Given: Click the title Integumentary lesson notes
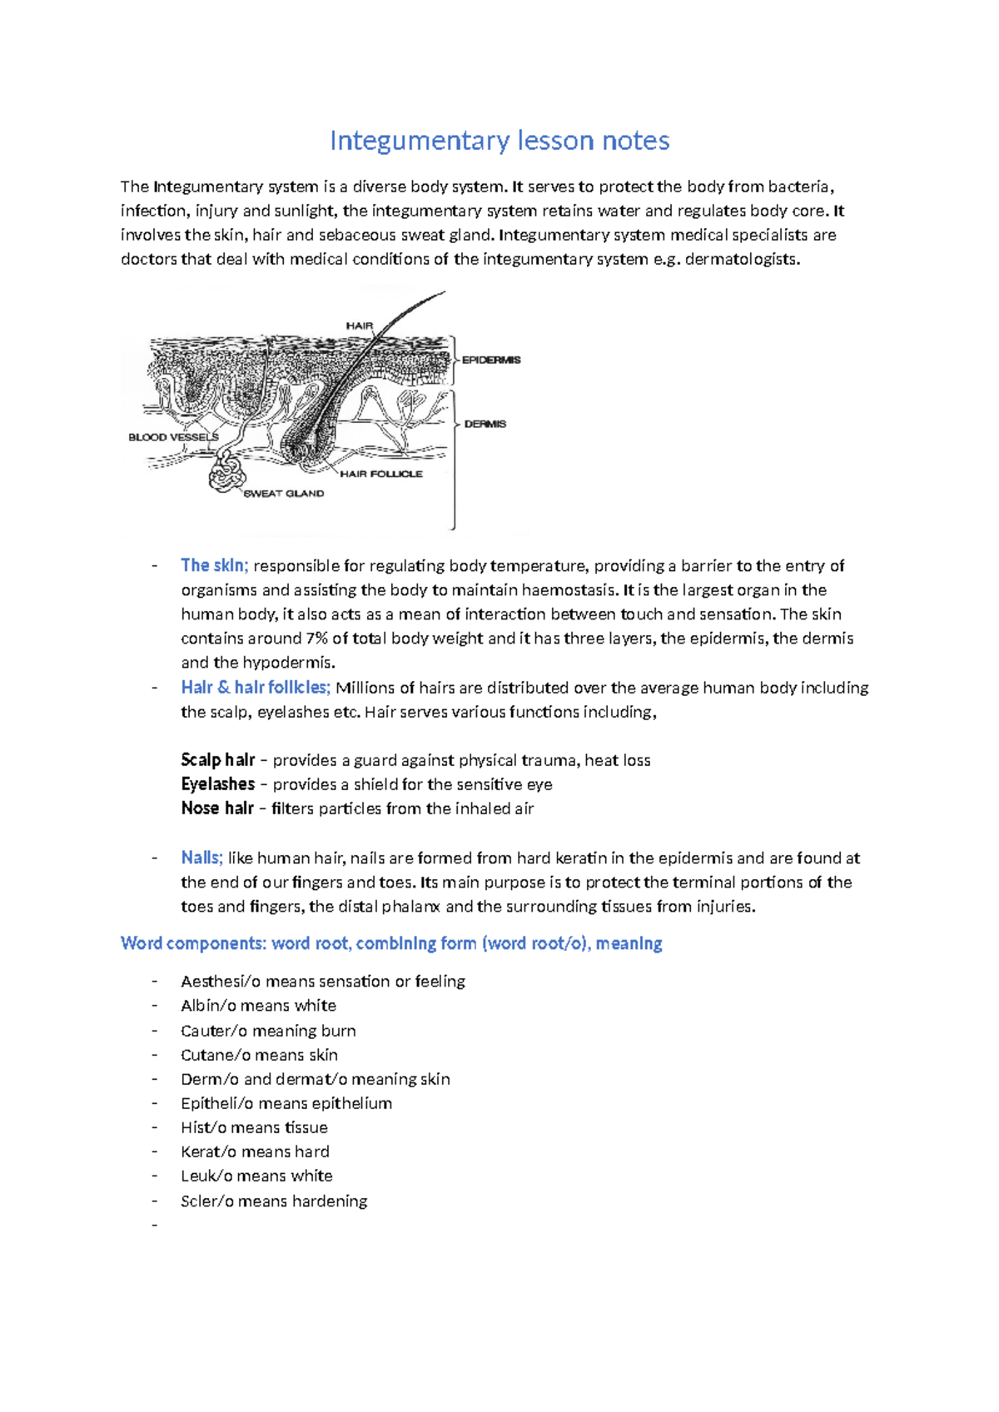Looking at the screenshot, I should click(499, 141).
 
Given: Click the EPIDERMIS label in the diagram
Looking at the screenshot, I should click(491, 360).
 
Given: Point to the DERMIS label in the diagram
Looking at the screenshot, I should click(485, 424).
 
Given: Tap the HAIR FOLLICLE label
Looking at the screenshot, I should click(380, 474).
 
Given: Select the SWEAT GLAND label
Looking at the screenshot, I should click(284, 494).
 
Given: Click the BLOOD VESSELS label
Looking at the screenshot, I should click(173, 437).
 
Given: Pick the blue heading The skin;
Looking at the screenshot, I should click(214, 565).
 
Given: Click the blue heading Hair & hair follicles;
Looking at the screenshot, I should click(256, 688).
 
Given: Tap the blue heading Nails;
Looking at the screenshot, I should click(201, 858).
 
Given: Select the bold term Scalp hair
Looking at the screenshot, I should click(217, 760).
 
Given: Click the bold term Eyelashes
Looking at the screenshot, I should click(217, 784).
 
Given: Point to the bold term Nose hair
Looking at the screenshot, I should click(216, 808).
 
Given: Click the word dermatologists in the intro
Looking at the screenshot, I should click(740, 259).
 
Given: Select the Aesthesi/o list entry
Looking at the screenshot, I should click(322, 982).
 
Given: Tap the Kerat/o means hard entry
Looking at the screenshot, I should click(255, 1151).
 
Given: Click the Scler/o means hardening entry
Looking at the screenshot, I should click(274, 1201).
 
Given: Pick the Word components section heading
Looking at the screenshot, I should click(391, 943).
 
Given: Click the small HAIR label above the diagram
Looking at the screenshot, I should click(360, 326).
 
